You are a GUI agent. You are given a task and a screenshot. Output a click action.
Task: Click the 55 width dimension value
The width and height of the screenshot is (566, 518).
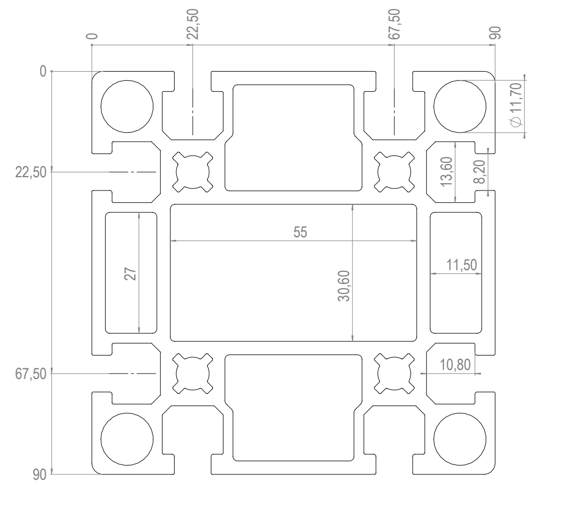point(301,232)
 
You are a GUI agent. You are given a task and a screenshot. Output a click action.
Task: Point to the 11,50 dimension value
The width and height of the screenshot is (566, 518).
point(461,265)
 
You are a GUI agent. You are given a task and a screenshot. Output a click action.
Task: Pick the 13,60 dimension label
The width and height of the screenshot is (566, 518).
point(447,171)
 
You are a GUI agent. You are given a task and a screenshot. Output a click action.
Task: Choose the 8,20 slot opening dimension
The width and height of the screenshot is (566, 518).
point(479,172)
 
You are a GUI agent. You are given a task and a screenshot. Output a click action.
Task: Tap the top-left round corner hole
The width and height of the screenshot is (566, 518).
point(127,106)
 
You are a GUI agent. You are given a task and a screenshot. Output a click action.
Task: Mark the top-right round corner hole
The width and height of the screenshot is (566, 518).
point(460,106)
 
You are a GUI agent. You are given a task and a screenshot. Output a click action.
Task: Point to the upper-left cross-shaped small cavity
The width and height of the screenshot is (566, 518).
point(193,172)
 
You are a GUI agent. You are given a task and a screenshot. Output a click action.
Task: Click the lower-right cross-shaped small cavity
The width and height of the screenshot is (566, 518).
point(394,373)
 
